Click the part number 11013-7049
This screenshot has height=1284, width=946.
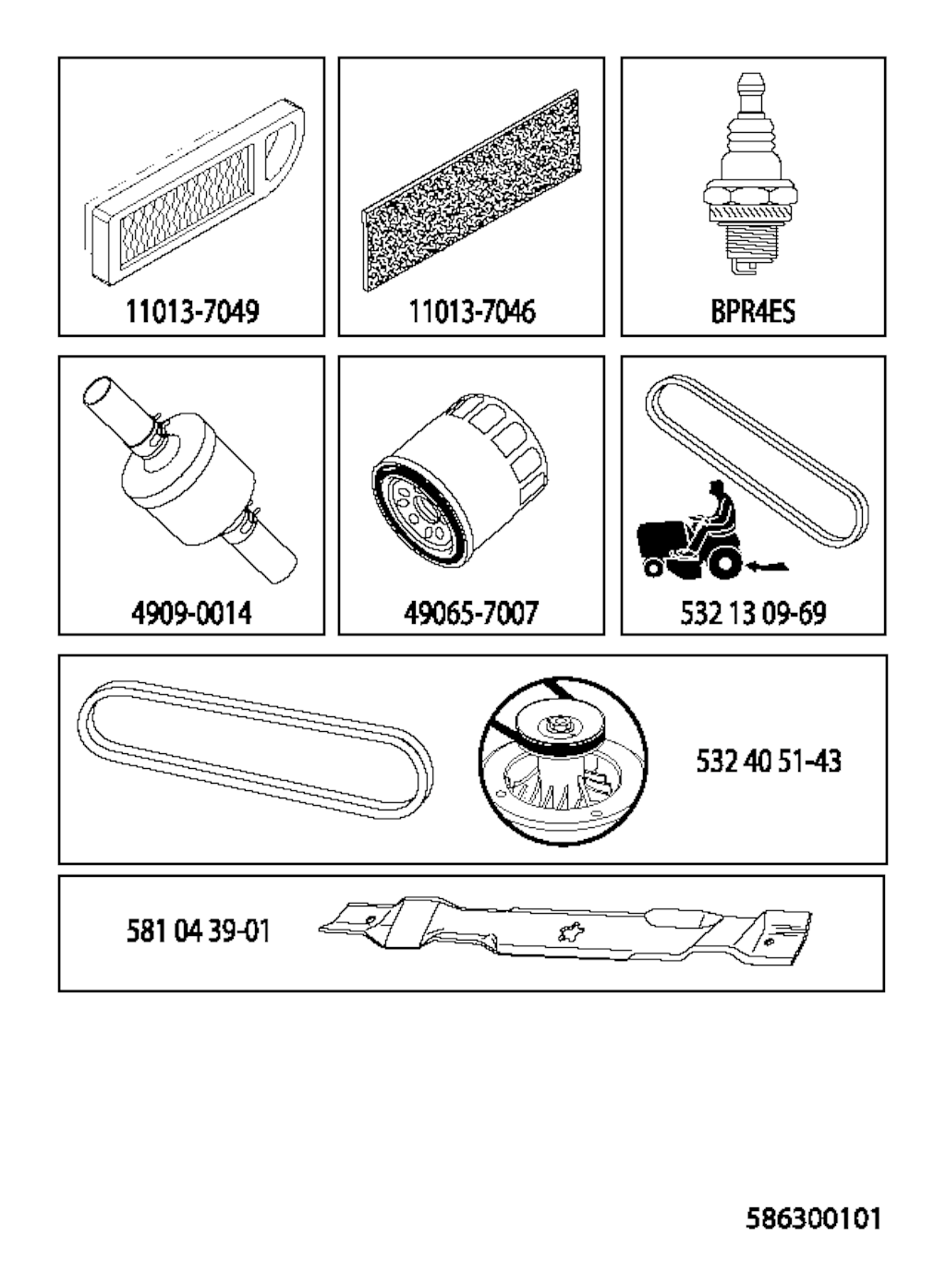192,311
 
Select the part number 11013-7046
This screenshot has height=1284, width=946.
471,311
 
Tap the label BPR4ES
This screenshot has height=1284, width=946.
753,311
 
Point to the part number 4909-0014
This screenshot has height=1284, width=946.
191,613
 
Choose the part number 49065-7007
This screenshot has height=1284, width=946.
471,613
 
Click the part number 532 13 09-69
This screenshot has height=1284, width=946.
753,613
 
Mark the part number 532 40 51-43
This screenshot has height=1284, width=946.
769,762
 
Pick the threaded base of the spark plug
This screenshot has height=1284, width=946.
750,250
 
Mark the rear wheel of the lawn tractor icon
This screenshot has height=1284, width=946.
725,564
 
